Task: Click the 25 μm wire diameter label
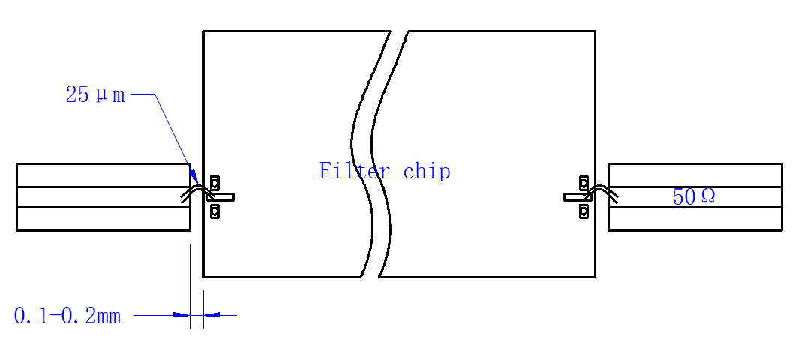pos(95,94)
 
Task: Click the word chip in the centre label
pos(427,172)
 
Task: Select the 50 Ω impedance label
pos(694,196)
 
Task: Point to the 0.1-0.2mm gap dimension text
pos(67,316)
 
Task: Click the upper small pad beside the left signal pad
pos(214,182)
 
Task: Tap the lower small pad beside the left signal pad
pos(214,211)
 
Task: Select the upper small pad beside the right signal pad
pos(584,182)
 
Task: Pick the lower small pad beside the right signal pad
pos(584,211)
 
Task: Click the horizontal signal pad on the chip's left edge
pos(220,196)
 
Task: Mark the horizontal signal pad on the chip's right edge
pos(577,196)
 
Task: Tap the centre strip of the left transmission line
pos(103,197)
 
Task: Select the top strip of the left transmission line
pos(103,175)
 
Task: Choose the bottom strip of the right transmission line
pos(695,219)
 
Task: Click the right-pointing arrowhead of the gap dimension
pos(181,315)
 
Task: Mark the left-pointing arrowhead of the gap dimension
pos(212,315)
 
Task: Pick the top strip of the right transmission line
pos(695,175)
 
